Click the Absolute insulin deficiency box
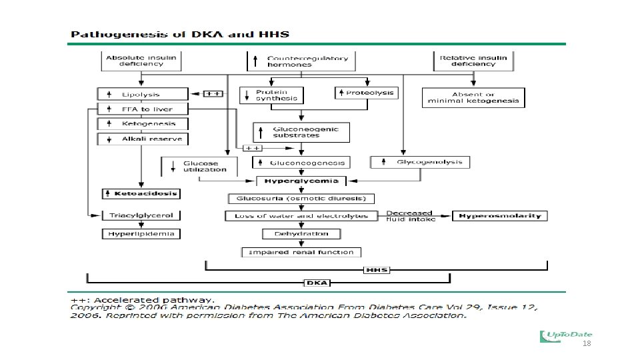pyautogui.click(x=141, y=61)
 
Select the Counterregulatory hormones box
pyautogui.click(x=300, y=61)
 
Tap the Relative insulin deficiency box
pyautogui.click(x=473, y=61)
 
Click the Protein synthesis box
pyautogui.click(x=271, y=95)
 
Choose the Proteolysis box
pyautogui.click(x=366, y=93)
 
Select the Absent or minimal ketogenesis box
pyautogui.click(x=473, y=98)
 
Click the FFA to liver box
pyautogui.click(x=143, y=109)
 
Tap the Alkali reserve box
pyautogui.click(x=143, y=139)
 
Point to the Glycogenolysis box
pyautogui.click(x=420, y=162)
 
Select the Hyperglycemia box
pyautogui.click(x=301, y=181)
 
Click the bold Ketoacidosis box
pyautogui.click(x=141, y=193)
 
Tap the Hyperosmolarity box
pyautogui.click(x=500, y=215)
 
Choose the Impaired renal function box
pyautogui.click(x=301, y=252)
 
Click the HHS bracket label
pyautogui.click(x=377, y=270)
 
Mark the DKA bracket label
pyautogui.click(x=317, y=283)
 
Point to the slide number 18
pyautogui.click(x=587, y=344)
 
